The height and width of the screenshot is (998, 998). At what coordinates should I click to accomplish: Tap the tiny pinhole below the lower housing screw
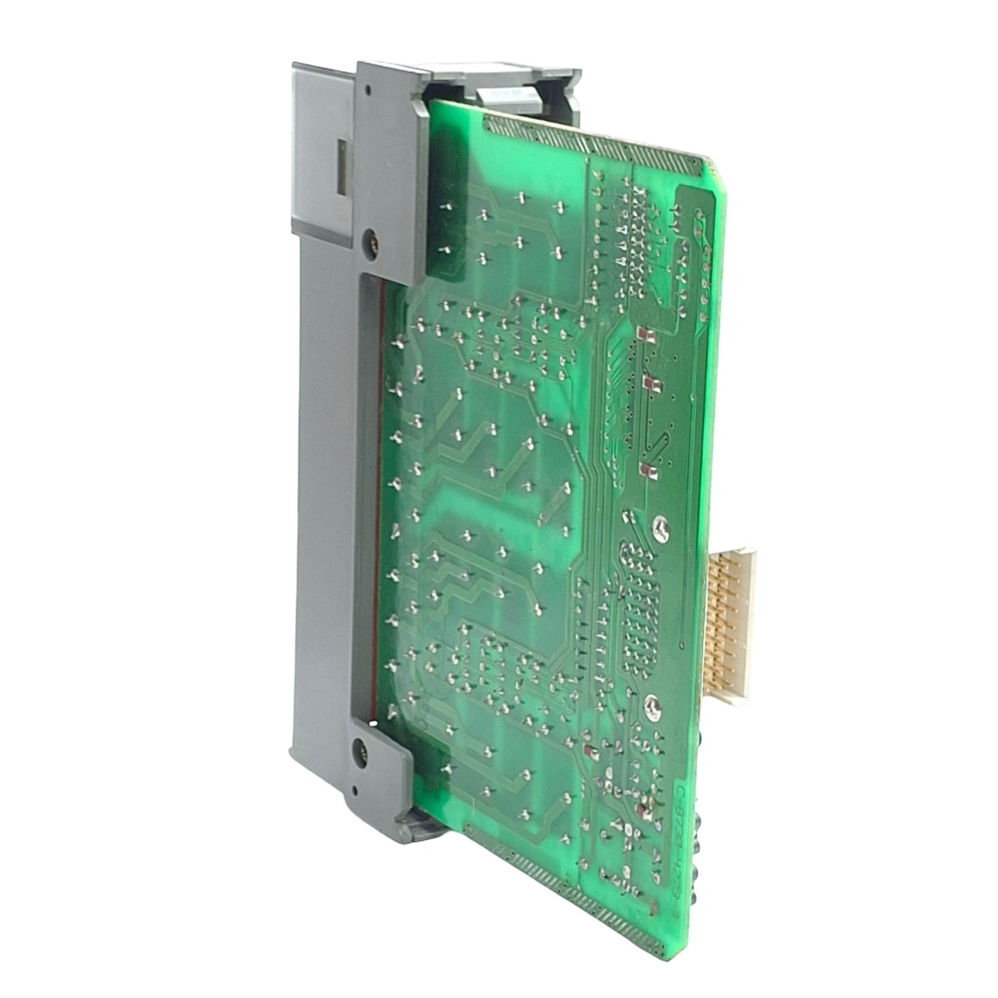[354, 790]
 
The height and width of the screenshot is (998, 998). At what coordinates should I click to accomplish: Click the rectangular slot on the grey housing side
[341, 166]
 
